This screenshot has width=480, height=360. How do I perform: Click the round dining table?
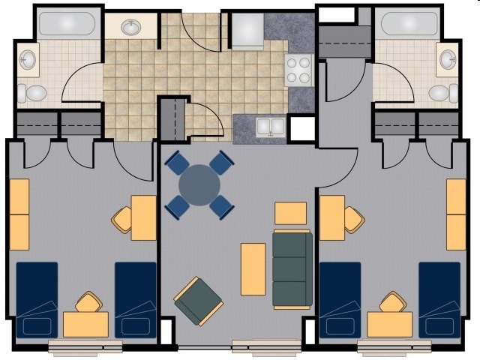tap(199, 184)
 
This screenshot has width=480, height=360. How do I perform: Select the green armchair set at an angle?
tap(198, 301)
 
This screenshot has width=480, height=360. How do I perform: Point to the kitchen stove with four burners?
tap(298, 70)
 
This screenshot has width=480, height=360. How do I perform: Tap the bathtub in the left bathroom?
tap(67, 24)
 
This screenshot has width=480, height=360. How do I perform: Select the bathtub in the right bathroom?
tap(408, 24)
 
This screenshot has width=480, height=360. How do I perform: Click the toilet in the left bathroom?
tap(31, 93)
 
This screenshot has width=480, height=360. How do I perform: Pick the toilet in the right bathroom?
tap(443, 93)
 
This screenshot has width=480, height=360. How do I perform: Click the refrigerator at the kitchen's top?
tap(247, 31)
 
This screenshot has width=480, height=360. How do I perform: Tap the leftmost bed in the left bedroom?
tap(37, 299)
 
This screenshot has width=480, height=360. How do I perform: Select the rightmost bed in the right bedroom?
tap(439, 299)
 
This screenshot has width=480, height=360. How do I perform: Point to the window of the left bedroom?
tap(85, 346)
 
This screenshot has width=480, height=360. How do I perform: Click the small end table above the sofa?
tap(290, 213)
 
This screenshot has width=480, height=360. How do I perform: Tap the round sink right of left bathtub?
tap(132, 28)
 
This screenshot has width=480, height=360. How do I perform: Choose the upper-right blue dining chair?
tap(222, 163)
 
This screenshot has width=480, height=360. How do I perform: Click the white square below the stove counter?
tap(302, 129)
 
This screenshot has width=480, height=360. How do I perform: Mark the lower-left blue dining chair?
tap(178, 205)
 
